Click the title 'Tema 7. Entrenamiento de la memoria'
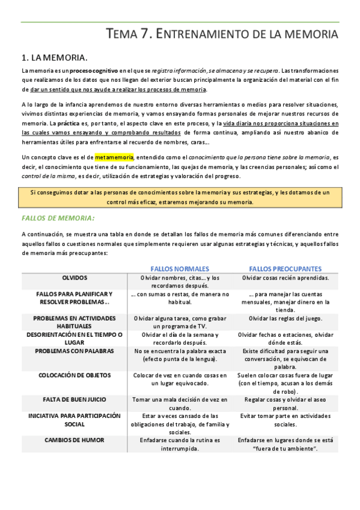(222, 34)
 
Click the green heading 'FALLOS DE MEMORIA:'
(58, 218)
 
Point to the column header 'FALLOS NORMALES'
(180, 268)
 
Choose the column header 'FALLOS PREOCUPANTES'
(285, 268)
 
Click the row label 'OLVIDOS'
(75, 278)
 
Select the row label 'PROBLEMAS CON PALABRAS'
(75, 351)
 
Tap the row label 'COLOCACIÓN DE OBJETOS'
(75, 375)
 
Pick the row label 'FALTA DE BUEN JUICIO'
(75, 399)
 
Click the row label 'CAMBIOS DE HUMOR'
(75, 440)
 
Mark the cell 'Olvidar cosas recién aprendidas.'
(285, 278)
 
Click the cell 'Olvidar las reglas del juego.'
(285, 318)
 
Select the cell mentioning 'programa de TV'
(180, 322)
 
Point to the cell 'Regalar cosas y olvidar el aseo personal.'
(285, 404)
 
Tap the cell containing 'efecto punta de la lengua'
(180, 355)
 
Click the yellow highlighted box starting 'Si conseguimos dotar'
(180, 197)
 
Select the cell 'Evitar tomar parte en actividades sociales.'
(285, 420)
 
